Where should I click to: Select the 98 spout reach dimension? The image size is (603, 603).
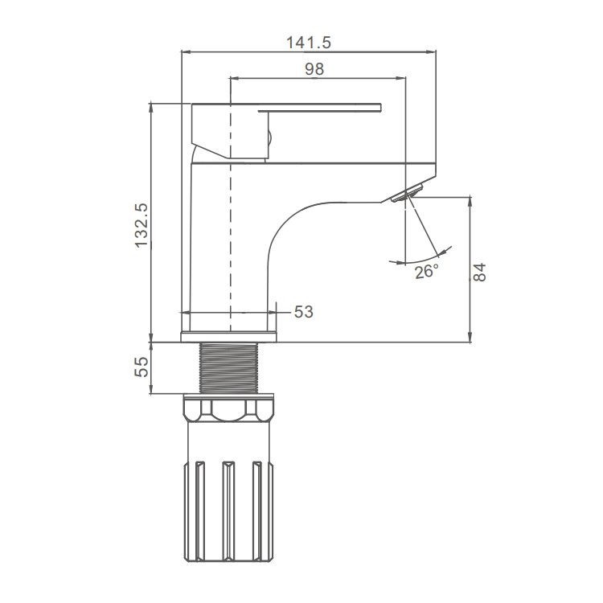coord(314,69)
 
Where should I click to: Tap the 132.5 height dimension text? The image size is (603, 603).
coord(142,224)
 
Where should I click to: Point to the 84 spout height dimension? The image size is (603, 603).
coord(480,271)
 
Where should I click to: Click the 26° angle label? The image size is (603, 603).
coord(426,272)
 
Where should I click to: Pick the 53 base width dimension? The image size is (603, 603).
coord(303,312)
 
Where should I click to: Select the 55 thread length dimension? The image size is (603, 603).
coord(142,368)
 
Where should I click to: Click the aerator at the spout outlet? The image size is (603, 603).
coord(406,193)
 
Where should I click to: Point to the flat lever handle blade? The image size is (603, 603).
coord(322,108)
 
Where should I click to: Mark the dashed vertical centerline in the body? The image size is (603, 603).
coord(231,241)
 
